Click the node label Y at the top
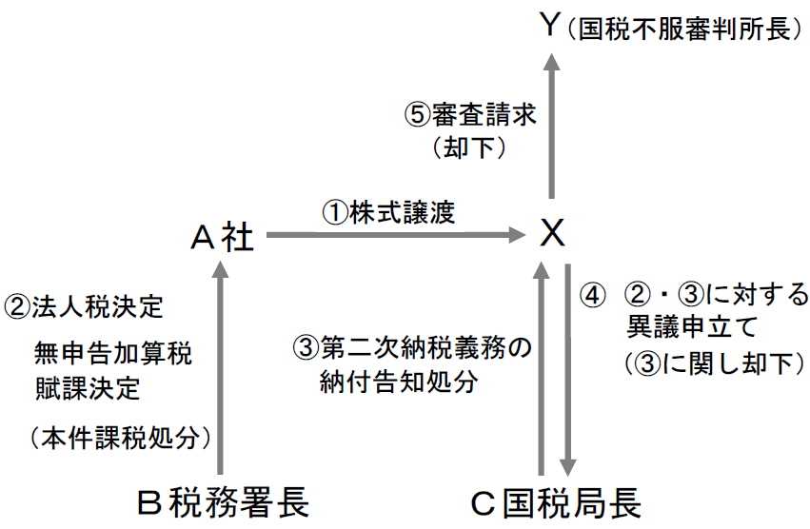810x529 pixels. click(550, 26)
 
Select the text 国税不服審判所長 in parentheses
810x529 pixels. click(682, 29)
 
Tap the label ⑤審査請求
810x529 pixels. click(471, 116)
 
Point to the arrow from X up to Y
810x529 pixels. click(551, 124)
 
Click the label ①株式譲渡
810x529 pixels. click(389, 212)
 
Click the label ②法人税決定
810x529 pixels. click(86, 306)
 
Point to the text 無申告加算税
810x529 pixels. click(112, 355)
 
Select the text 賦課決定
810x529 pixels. click(86, 388)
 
